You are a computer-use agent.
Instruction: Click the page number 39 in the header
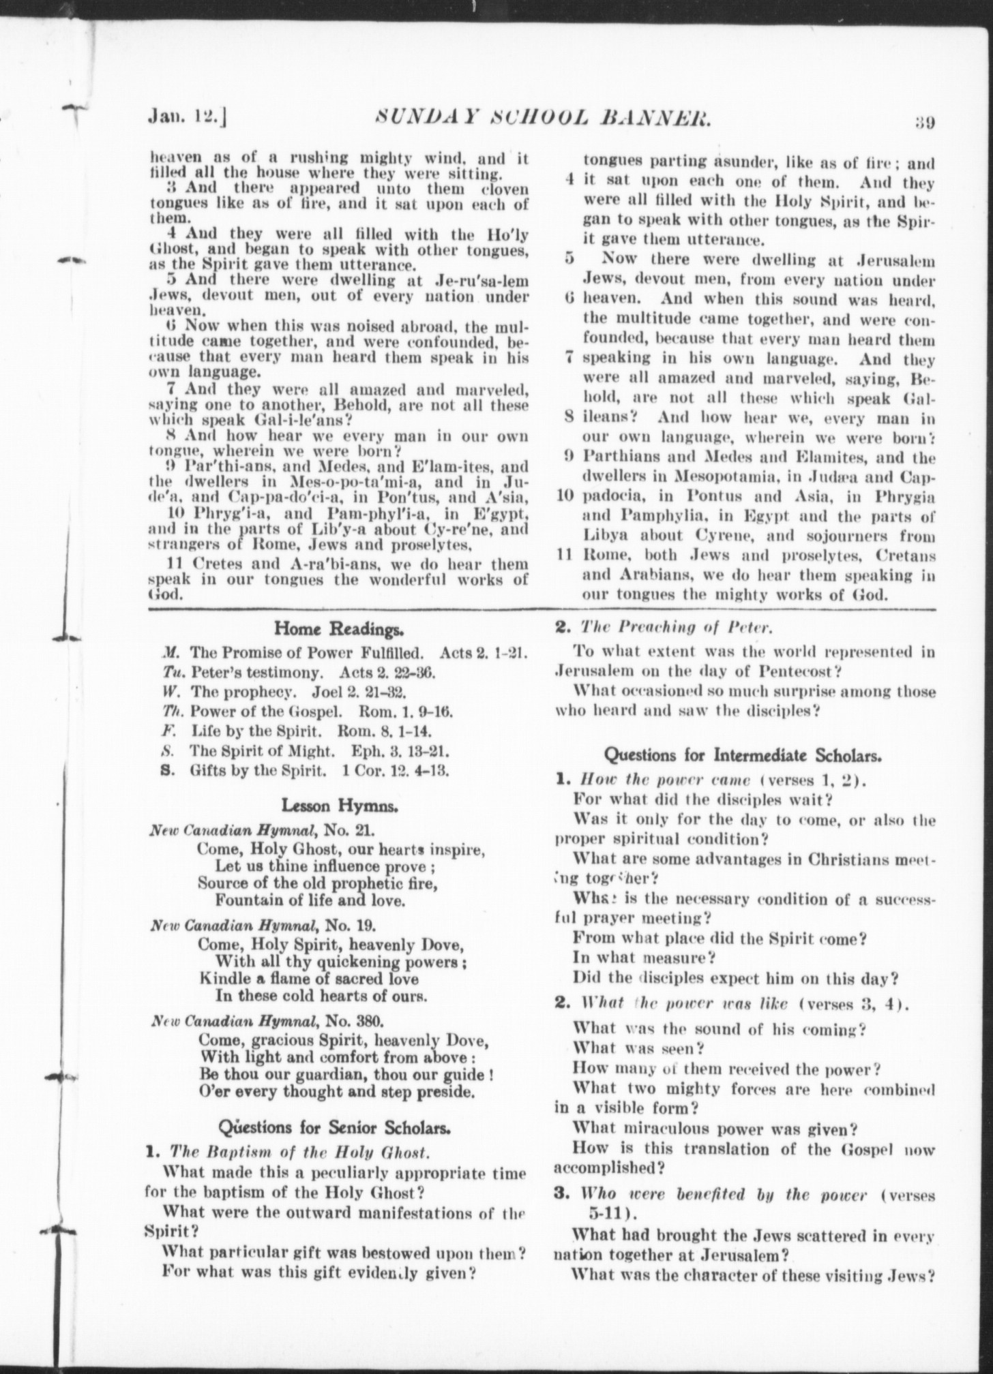[925, 123]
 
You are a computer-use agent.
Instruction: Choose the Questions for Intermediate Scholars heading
[743, 754]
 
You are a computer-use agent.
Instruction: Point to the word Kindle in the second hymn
[220, 979]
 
